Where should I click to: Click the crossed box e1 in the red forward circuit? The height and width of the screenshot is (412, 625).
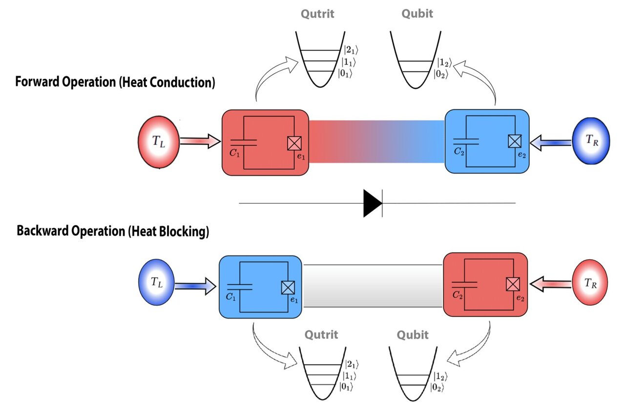point(294,143)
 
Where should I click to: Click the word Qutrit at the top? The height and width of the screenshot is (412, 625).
point(317,14)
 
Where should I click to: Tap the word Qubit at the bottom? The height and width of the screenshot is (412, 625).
point(413,335)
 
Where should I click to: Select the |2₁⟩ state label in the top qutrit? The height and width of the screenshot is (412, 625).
point(352,49)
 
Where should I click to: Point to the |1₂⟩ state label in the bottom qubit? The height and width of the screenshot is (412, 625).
point(440,376)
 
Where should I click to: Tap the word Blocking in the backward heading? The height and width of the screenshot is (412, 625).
point(186,231)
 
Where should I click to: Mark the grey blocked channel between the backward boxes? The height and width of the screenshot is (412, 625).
point(373,286)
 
